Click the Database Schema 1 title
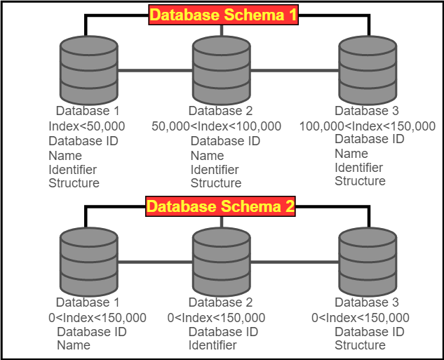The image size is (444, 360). click(x=224, y=15)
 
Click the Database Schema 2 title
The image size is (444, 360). click(x=221, y=206)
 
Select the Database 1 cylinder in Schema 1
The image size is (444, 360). click(x=88, y=70)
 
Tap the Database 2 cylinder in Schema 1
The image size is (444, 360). click(x=221, y=70)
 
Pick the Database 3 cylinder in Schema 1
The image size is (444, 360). click(x=367, y=70)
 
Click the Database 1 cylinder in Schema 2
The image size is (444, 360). click(x=88, y=262)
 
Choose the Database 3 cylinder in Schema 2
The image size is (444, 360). click(x=367, y=262)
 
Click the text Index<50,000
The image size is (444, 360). click(x=87, y=126)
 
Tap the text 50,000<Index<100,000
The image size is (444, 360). click(x=216, y=126)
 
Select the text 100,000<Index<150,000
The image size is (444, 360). click(x=367, y=126)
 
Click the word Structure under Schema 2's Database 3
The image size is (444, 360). click(x=360, y=345)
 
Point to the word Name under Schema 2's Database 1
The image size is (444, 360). click(x=74, y=345)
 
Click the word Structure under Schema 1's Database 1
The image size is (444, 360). click(x=74, y=183)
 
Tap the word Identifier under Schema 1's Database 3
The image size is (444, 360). click(x=358, y=167)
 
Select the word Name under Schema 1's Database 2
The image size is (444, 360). click(x=207, y=155)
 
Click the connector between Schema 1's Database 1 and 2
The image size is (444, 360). click(x=155, y=71)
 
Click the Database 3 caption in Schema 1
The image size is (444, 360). click(x=367, y=111)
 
